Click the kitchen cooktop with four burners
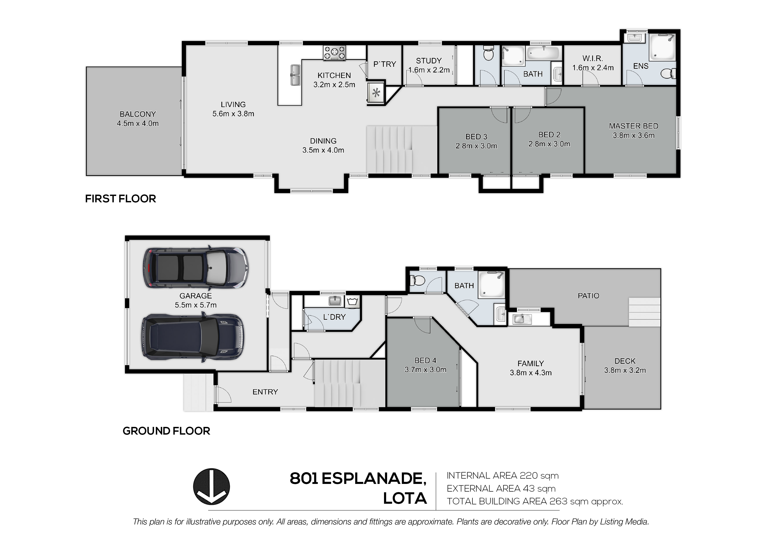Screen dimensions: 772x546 click(x=335, y=53)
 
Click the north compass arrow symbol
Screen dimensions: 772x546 click(x=211, y=487)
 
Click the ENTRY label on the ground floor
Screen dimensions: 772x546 click(x=265, y=392)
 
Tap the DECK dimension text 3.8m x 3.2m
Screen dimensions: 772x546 click(x=625, y=370)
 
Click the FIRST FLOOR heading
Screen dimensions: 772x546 click(x=120, y=199)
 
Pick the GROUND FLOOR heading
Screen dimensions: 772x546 click(x=166, y=431)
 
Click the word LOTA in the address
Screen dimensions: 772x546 click(x=405, y=499)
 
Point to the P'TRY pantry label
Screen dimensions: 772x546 click(x=385, y=64)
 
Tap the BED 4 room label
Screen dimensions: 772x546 click(x=425, y=360)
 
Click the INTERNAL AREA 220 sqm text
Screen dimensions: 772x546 click(x=503, y=476)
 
